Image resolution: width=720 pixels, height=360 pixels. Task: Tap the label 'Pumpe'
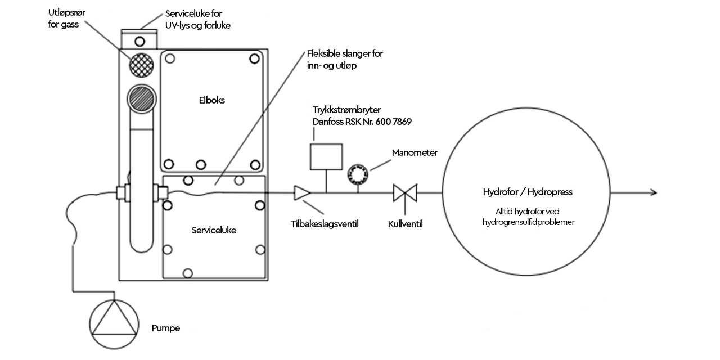point(166,328)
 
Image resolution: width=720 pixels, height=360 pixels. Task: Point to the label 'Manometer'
point(415,152)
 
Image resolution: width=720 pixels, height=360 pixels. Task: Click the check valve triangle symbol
point(302,193)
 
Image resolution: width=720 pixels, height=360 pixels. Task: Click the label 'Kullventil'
point(406,224)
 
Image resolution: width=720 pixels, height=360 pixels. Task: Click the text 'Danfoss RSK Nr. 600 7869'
point(362,121)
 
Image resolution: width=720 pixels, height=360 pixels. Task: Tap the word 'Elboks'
point(212,100)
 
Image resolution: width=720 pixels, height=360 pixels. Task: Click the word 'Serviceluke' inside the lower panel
point(214,230)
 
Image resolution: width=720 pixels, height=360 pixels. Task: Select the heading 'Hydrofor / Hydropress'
point(528,192)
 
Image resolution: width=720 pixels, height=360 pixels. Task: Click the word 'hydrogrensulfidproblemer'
point(528,222)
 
